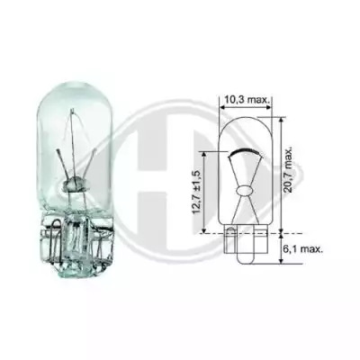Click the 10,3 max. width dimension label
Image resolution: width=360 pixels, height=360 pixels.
[x=246, y=100]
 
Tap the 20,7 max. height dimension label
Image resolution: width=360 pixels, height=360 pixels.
[x=289, y=170]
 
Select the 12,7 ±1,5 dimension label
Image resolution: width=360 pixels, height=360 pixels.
[x=196, y=193]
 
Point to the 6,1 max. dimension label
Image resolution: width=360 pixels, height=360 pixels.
[x=303, y=249]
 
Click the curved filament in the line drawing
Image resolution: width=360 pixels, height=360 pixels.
[x=246, y=151]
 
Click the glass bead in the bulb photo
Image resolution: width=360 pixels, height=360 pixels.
[x=74, y=184]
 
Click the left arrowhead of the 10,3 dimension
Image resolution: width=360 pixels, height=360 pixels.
[x=222, y=107]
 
